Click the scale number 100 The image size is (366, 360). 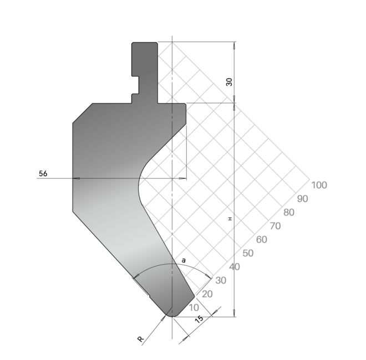319,185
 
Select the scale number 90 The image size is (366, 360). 303,199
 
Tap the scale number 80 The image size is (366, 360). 289,213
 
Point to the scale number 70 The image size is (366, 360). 275,226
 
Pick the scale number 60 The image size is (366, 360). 261,240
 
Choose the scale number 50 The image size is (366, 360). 248,253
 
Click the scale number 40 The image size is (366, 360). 235,267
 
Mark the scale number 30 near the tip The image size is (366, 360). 221,280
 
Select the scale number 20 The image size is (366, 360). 207,294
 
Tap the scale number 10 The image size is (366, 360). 194,308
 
